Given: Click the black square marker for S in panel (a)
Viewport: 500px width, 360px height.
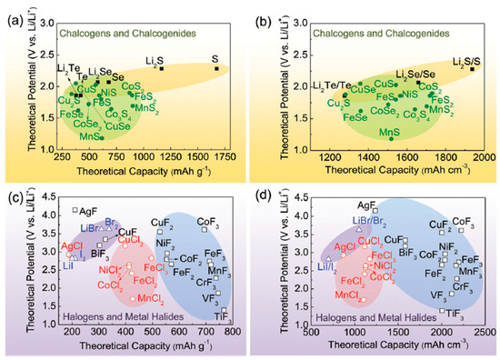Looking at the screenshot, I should (216, 68).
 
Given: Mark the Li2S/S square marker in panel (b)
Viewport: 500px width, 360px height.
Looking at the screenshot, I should (472, 68).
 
